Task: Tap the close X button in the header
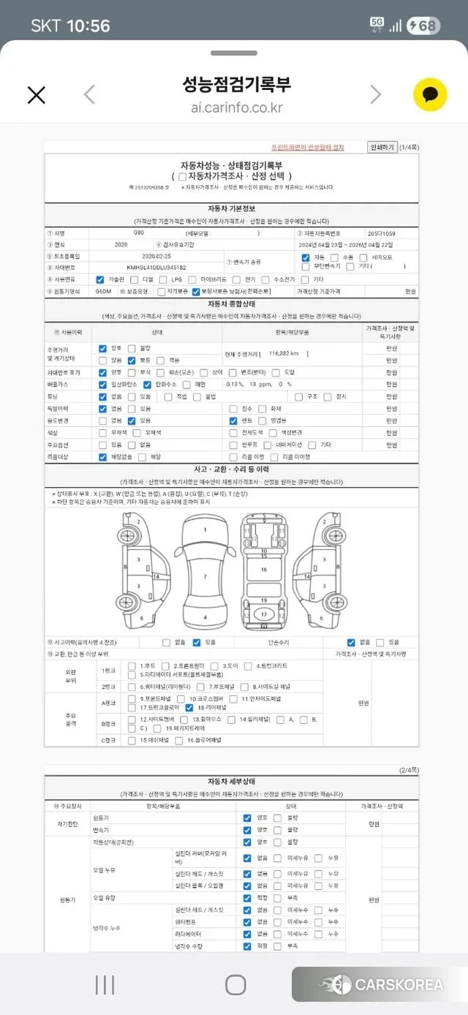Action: (36, 94)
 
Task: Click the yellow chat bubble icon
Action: (430, 94)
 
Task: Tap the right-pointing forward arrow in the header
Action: (375, 94)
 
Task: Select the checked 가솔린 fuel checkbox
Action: (101, 279)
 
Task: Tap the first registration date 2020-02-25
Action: (156, 257)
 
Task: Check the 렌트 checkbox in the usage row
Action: (233, 421)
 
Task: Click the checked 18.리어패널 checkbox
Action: (189, 707)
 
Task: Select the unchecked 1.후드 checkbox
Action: (132, 666)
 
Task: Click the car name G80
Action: (139, 233)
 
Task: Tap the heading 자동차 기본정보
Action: (231, 208)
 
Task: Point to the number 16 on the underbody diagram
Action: (264, 570)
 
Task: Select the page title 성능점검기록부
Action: (236, 84)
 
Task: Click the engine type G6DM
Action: (104, 291)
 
